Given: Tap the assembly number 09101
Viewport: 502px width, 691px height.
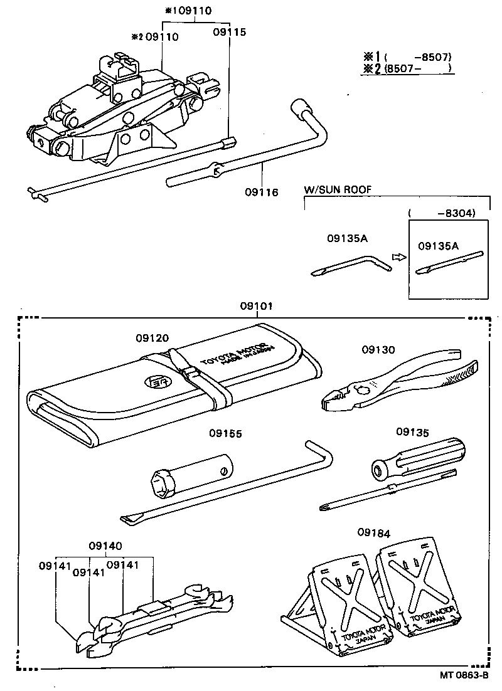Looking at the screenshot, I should coord(257,307).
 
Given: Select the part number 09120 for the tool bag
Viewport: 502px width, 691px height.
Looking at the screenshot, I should coord(152,338).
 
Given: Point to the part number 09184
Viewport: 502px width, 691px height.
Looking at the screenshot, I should coord(374,533).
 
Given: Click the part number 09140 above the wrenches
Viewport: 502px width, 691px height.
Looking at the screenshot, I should coord(105,546).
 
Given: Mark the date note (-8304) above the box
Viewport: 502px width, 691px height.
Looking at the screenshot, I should coord(442,213).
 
